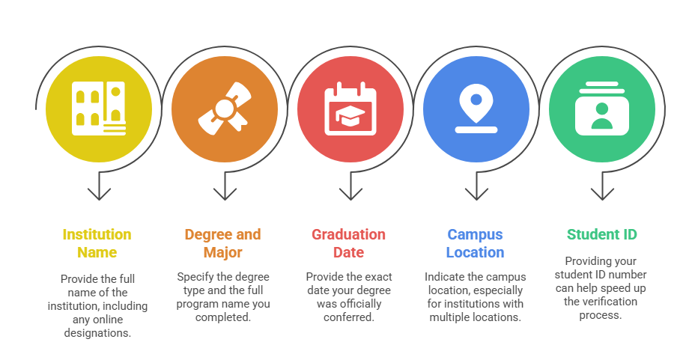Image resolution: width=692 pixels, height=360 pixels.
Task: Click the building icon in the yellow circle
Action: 98,109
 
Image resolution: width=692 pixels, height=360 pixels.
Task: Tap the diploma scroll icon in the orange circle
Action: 224,109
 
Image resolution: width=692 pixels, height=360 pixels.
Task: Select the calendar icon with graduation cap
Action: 350,109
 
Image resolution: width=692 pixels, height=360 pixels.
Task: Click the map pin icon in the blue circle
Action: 476,109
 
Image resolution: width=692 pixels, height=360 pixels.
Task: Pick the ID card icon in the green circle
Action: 601,109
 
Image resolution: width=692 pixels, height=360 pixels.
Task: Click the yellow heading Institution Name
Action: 97,243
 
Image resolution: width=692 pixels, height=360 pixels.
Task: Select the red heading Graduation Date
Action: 349,243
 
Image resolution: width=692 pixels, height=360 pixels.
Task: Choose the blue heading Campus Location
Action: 476,243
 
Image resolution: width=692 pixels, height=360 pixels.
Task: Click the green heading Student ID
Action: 601,234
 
